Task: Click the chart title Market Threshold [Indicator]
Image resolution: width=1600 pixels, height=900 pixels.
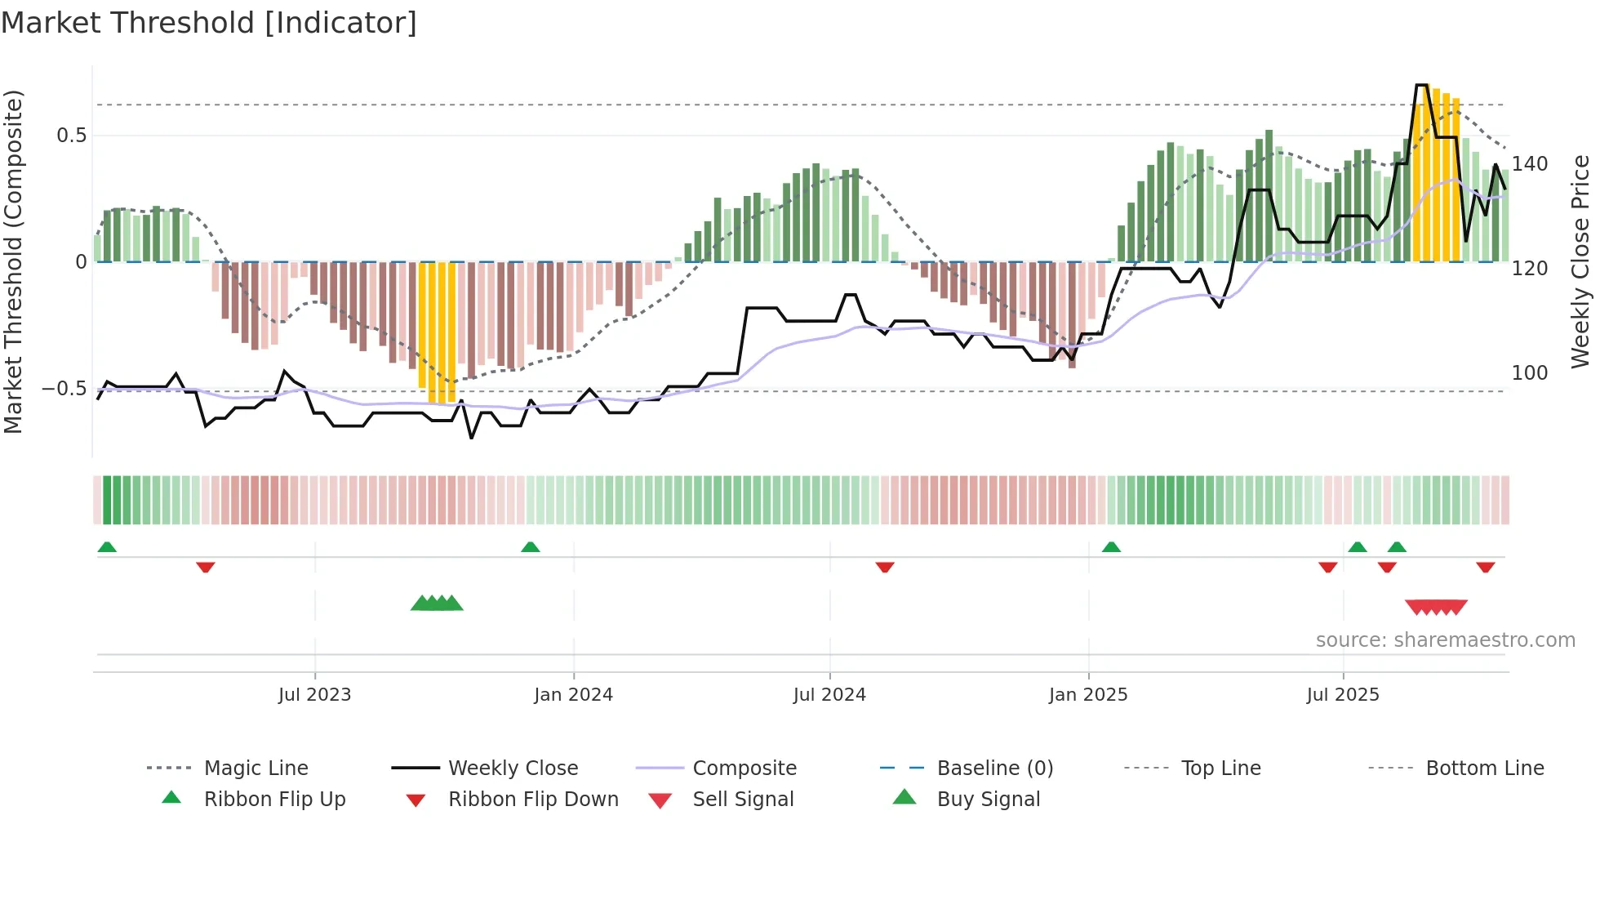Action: click(x=209, y=23)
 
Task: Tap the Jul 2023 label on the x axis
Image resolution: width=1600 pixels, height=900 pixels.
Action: click(x=314, y=695)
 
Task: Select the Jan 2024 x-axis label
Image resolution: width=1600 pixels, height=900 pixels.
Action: click(x=573, y=695)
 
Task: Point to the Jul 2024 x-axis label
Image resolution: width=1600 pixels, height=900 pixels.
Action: click(x=829, y=695)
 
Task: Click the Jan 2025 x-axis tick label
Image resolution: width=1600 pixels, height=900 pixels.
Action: click(x=1088, y=695)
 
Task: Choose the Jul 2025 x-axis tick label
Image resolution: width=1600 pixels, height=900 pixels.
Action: click(x=1343, y=695)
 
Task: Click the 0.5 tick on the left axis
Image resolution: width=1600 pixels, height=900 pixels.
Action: click(x=72, y=136)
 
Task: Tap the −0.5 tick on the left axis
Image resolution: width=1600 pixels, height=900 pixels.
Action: click(x=64, y=389)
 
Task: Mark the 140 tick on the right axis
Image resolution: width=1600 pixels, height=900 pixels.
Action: click(x=1529, y=164)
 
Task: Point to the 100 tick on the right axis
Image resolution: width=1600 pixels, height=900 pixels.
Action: click(x=1529, y=373)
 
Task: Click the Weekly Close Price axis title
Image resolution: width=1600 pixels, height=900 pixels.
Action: click(x=1580, y=261)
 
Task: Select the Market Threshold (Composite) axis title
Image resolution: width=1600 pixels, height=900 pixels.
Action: click(x=13, y=261)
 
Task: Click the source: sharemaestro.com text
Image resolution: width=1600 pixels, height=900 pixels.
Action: click(x=1445, y=640)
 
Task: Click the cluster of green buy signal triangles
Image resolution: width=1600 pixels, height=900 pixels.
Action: click(x=437, y=604)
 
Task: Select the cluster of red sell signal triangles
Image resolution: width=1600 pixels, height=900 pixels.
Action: click(x=1436, y=608)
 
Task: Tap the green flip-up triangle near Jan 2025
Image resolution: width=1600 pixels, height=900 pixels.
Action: click(x=1111, y=547)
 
